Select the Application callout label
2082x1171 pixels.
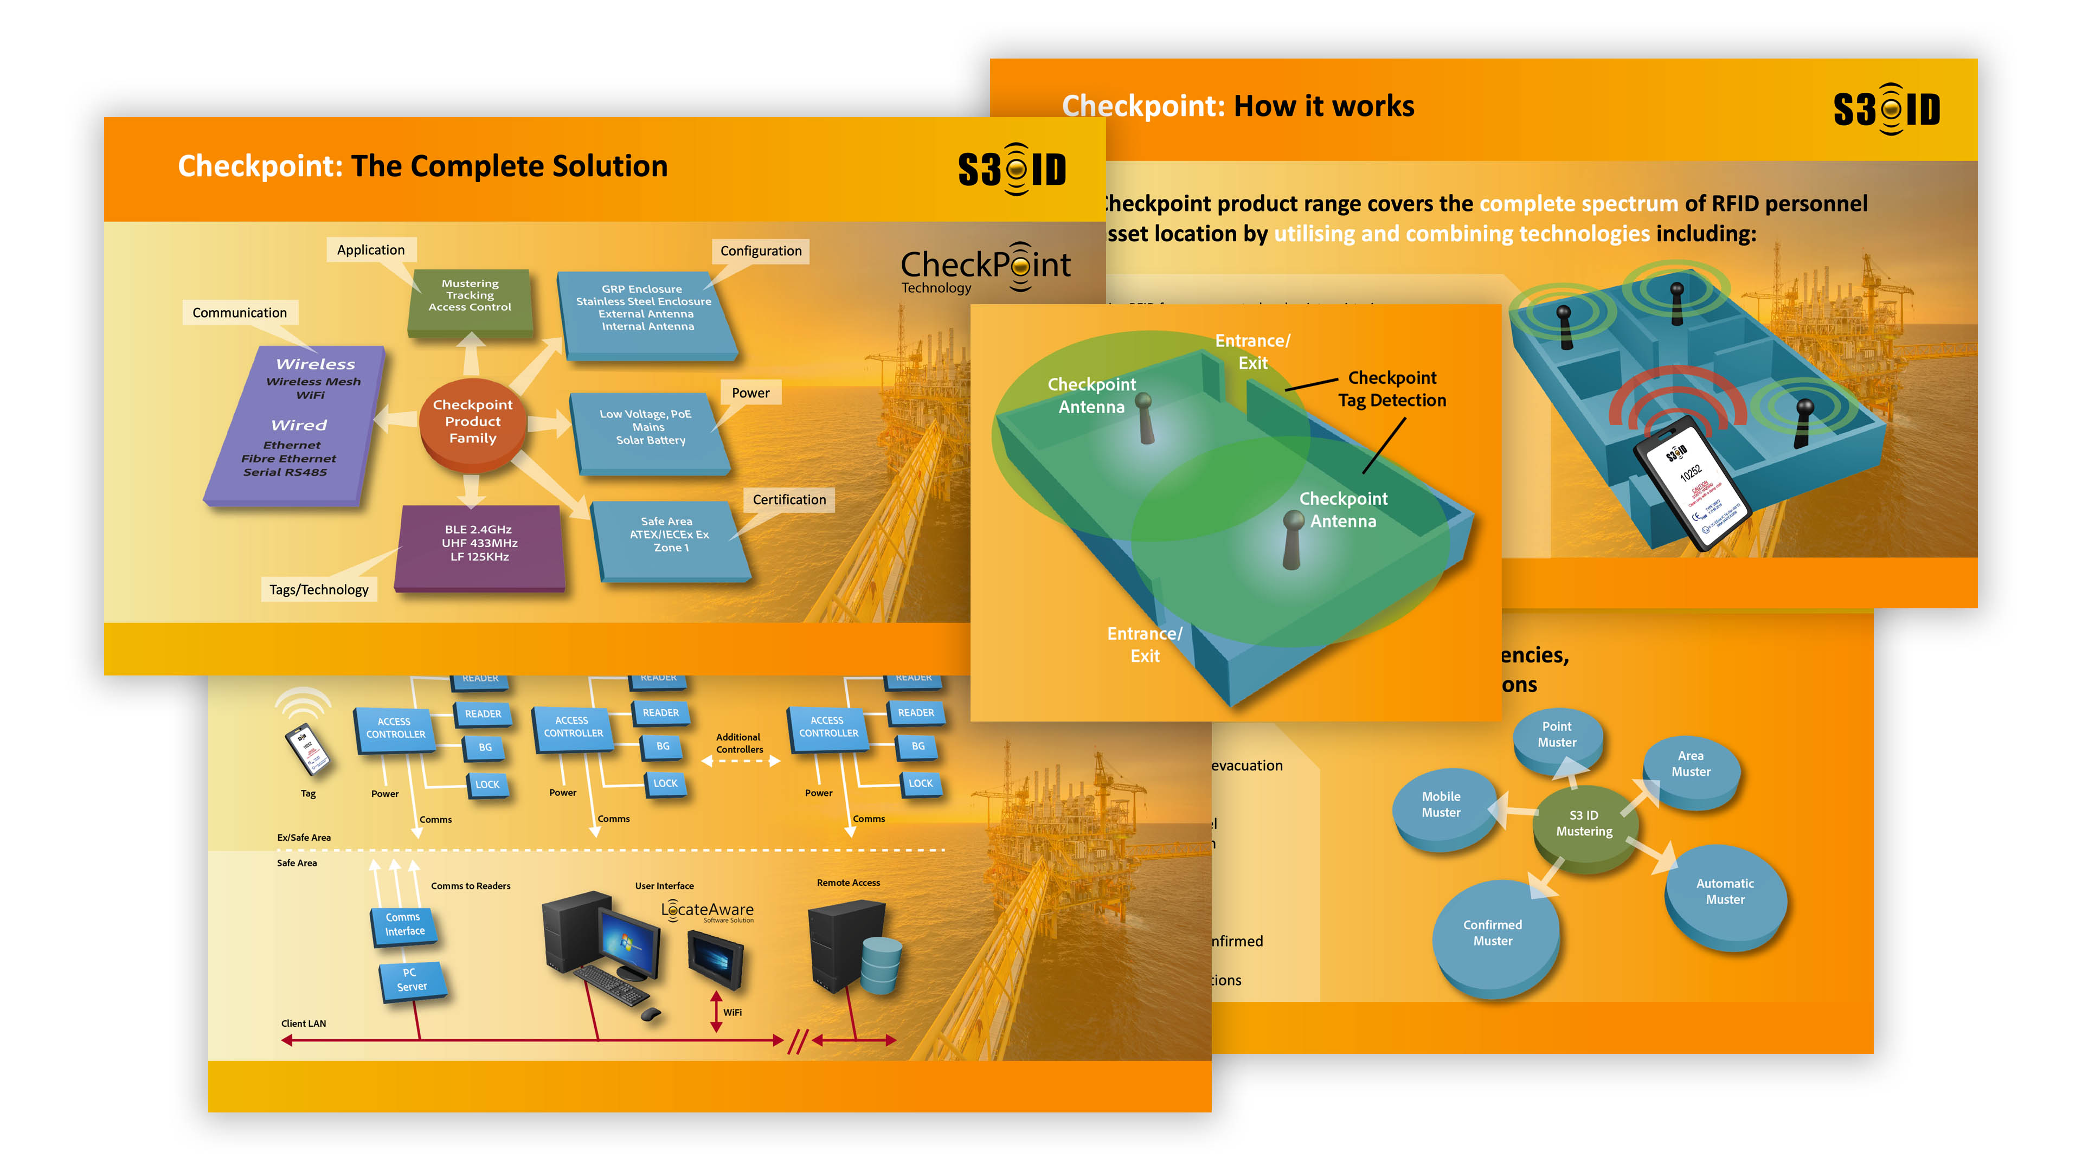tap(371, 250)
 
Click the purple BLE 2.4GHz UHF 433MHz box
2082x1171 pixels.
tap(479, 545)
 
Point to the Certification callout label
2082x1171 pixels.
tap(789, 499)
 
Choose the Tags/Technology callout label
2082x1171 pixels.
tap(319, 590)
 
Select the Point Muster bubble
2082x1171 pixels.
tap(1557, 736)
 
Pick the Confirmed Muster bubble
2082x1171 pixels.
tap(1493, 934)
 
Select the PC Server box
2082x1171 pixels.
tap(412, 980)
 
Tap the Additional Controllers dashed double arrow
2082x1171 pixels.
tap(740, 761)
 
